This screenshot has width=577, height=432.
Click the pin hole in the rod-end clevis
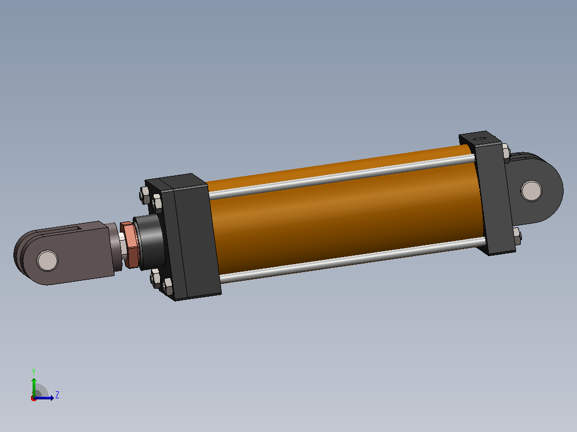pyautogui.click(x=48, y=261)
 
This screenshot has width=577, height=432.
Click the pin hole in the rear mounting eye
pyautogui.click(x=532, y=191)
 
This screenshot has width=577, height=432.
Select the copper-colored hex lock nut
pyautogui.click(x=129, y=244)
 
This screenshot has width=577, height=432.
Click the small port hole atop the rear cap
pyautogui.click(x=480, y=138)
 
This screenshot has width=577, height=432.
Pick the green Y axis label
pyautogui.click(x=34, y=372)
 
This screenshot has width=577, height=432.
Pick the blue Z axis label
pyautogui.click(x=57, y=395)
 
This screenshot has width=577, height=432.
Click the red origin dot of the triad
pyautogui.click(x=34, y=398)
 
